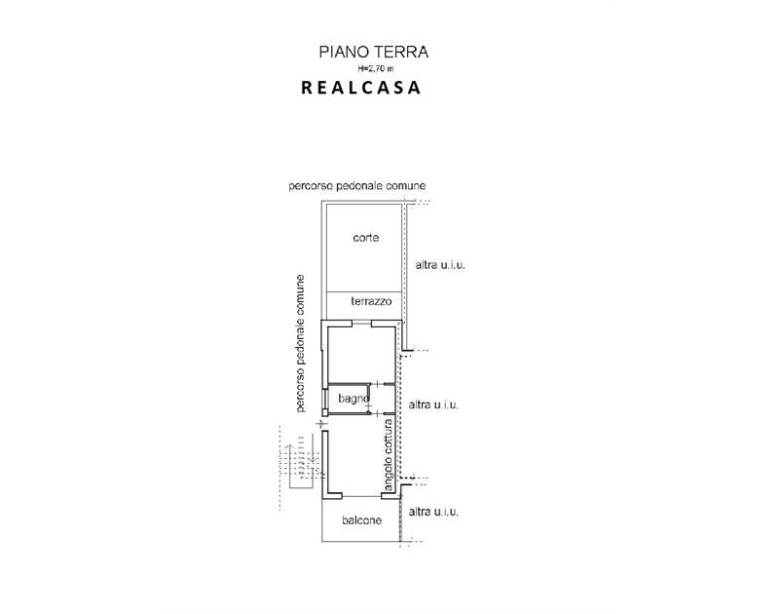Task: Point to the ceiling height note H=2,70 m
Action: pyautogui.click(x=375, y=68)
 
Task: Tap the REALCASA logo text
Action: pyautogui.click(x=360, y=88)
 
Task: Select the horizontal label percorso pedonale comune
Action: pyautogui.click(x=357, y=186)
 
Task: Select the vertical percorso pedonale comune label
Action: pyautogui.click(x=300, y=343)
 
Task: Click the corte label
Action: pyautogui.click(x=365, y=238)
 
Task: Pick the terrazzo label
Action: pyautogui.click(x=371, y=301)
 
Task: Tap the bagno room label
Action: pyautogui.click(x=354, y=399)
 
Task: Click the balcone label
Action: pyautogui.click(x=361, y=520)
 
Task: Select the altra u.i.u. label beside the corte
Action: pyautogui.click(x=440, y=265)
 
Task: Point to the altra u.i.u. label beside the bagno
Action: pyautogui.click(x=433, y=404)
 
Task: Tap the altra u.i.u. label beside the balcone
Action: pyautogui.click(x=433, y=512)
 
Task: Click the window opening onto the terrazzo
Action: pyautogui.click(x=361, y=323)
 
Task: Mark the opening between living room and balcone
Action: pyautogui.click(x=361, y=497)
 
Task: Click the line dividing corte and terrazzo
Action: pyautogui.click(x=364, y=291)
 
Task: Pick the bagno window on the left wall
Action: pyautogui.click(x=324, y=400)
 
